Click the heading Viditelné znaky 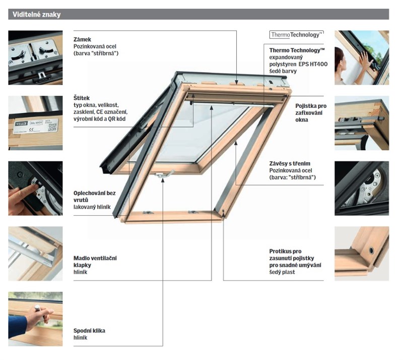[34, 15]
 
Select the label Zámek [83, 39]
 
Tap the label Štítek [83, 97]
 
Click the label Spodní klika [90, 331]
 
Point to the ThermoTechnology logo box [296, 35]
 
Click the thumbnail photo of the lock [35, 57]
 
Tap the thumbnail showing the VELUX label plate [35, 123]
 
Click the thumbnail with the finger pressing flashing [35, 188]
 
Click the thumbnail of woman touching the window [362, 57]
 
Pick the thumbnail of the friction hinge [362, 188]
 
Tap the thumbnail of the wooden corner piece [362, 253]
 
